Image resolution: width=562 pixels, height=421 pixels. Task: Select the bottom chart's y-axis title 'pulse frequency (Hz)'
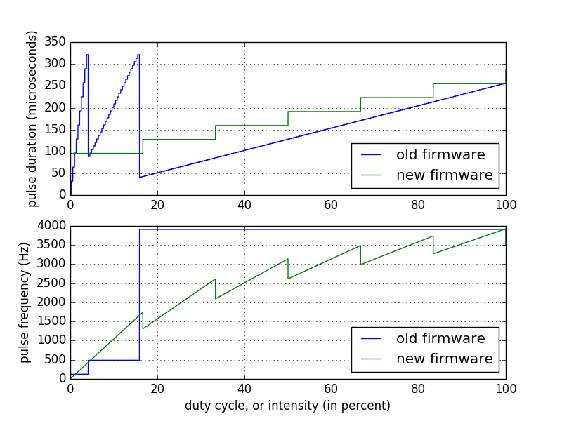[25, 302]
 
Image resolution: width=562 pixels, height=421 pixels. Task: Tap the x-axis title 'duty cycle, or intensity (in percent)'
[287, 406]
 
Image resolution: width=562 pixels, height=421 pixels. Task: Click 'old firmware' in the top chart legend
[440, 154]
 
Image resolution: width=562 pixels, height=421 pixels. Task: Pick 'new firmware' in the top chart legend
[444, 175]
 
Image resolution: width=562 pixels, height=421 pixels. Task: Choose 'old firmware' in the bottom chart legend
[440, 339]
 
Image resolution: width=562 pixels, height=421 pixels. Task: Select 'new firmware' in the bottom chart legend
[444, 359]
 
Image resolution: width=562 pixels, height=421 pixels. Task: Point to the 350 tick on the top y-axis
[57, 42]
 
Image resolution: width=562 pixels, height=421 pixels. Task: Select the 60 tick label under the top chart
[332, 205]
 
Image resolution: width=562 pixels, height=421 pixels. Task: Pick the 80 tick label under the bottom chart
[419, 389]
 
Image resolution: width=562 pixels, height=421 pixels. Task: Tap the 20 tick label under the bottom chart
[157, 389]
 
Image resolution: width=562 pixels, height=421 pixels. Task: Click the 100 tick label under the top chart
[506, 205]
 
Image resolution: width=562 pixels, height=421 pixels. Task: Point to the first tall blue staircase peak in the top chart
[87, 55]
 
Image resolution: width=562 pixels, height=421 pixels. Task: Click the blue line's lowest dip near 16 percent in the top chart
[140, 177]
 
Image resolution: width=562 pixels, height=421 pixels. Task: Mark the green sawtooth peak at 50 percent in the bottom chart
[287, 259]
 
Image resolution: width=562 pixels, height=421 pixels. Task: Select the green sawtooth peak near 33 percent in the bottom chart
[215, 279]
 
